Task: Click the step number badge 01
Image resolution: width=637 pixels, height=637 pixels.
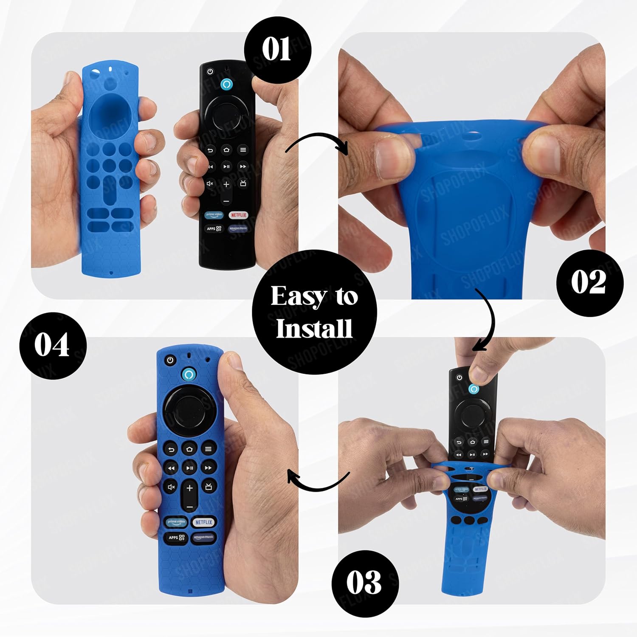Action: [x=277, y=50]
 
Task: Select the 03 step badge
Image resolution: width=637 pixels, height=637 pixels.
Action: [x=364, y=583]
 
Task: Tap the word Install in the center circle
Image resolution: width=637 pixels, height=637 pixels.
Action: [x=314, y=328]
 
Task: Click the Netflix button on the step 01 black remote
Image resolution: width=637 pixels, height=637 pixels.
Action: [x=239, y=215]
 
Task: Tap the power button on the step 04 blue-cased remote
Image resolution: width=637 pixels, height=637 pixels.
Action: [x=170, y=360]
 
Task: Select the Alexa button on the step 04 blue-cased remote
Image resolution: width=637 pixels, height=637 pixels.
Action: [x=189, y=374]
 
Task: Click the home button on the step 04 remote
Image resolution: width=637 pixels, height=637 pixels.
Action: [x=189, y=449]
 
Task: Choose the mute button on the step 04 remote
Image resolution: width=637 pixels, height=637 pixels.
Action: [x=171, y=487]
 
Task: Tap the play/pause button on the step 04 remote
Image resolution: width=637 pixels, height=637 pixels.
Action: [x=189, y=468]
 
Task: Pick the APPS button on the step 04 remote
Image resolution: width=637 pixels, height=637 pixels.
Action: [x=176, y=538]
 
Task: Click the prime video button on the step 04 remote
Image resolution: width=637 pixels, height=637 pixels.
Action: [x=176, y=522]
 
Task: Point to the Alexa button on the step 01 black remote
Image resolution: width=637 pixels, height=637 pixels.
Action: [x=227, y=84]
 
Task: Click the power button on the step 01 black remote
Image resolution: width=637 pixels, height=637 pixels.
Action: [x=210, y=72]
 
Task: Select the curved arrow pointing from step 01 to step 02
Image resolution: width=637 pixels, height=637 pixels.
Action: [x=316, y=143]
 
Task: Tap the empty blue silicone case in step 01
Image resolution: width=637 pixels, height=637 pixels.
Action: [x=110, y=170]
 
